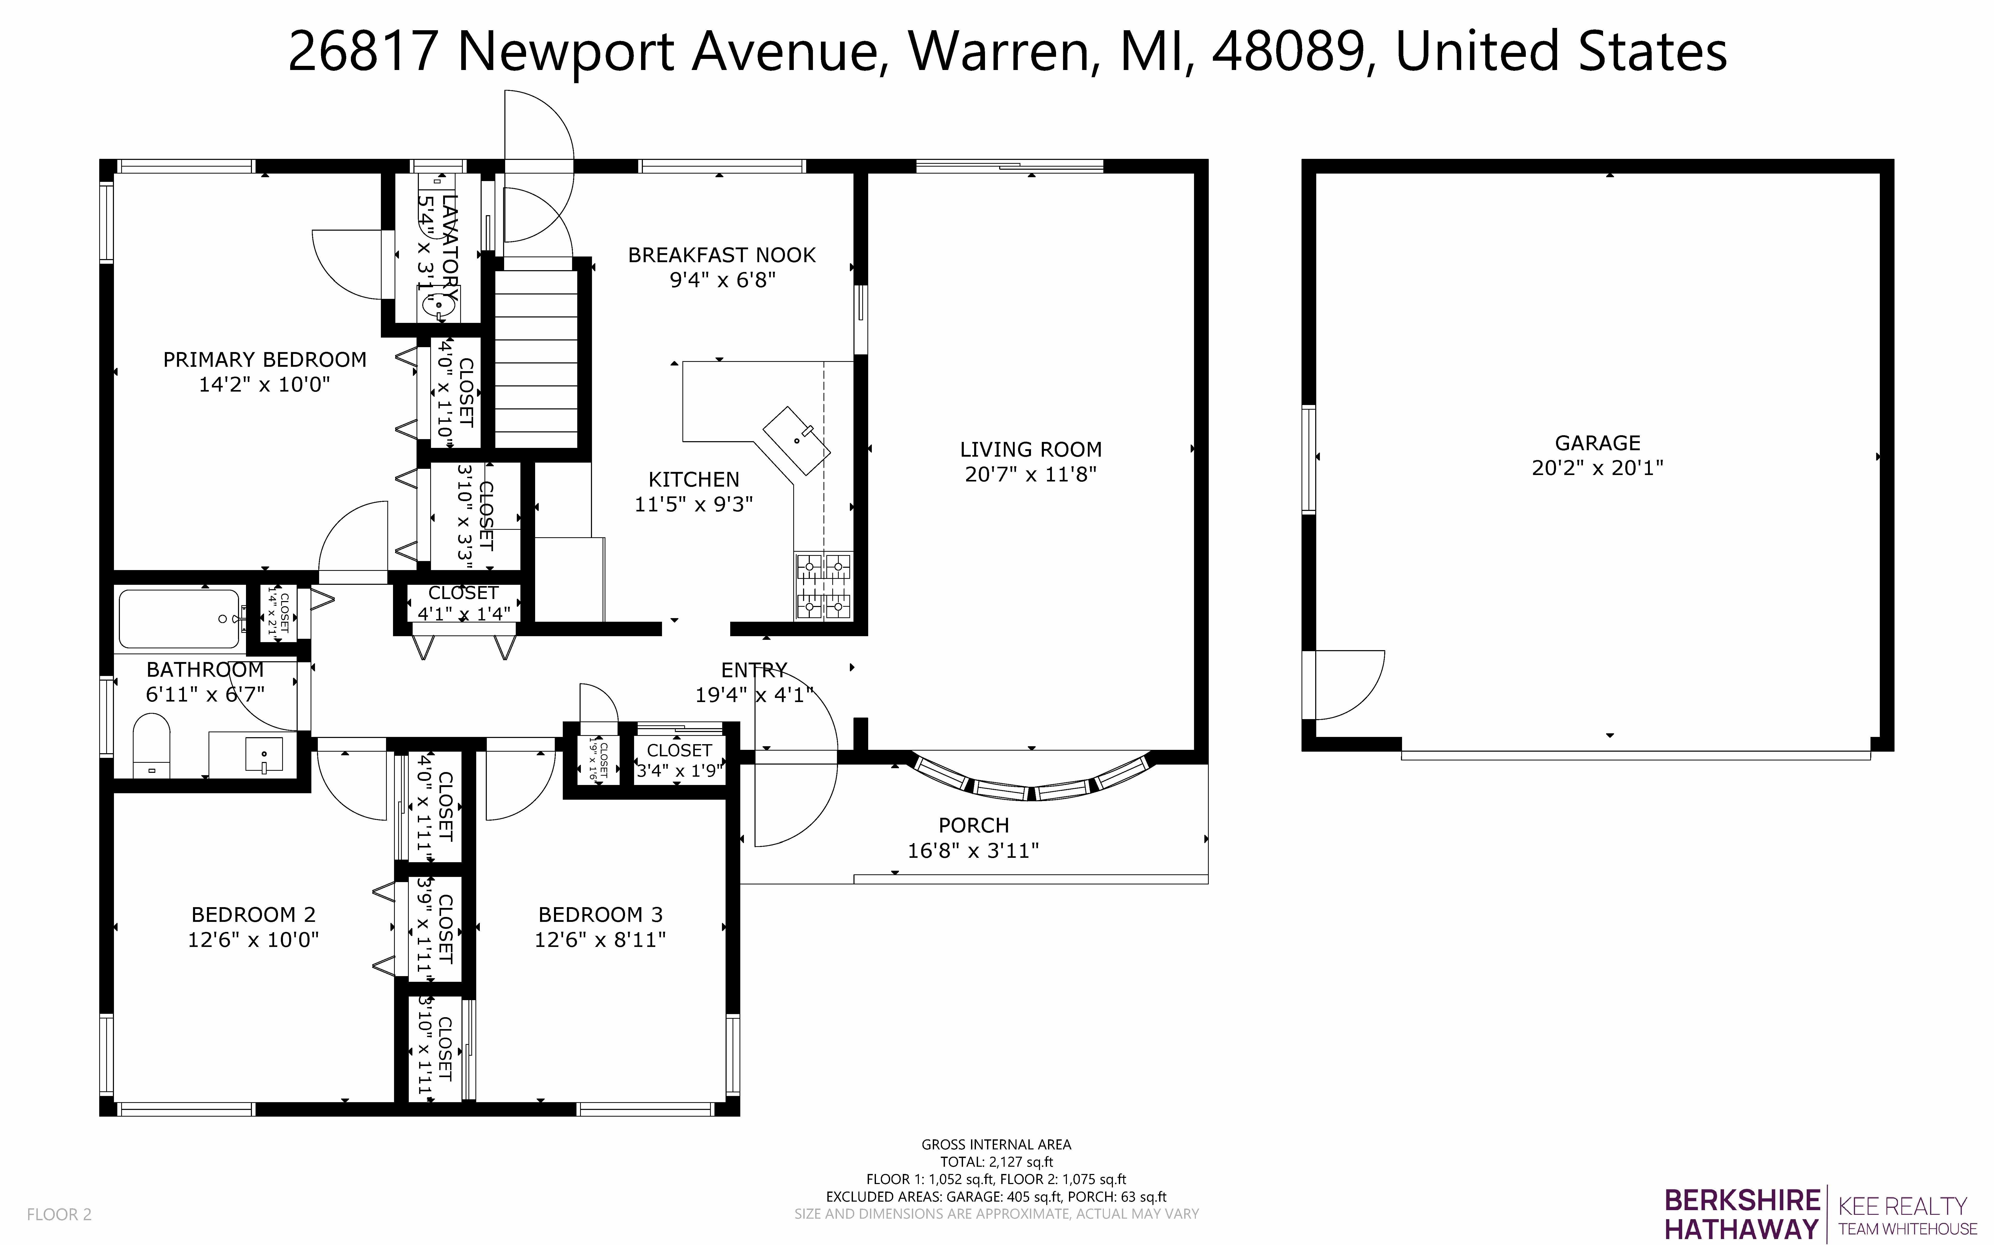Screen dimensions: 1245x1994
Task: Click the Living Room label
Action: [1030, 450]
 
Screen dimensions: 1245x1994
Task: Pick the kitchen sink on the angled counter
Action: [796, 440]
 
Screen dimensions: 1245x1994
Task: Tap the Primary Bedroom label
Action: [264, 360]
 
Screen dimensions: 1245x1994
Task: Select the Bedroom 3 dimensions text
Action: [600, 939]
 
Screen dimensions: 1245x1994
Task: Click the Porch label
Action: [974, 825]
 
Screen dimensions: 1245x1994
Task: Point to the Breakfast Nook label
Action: [721, 255]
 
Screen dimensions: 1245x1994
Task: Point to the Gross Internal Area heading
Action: [996, 1144]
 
